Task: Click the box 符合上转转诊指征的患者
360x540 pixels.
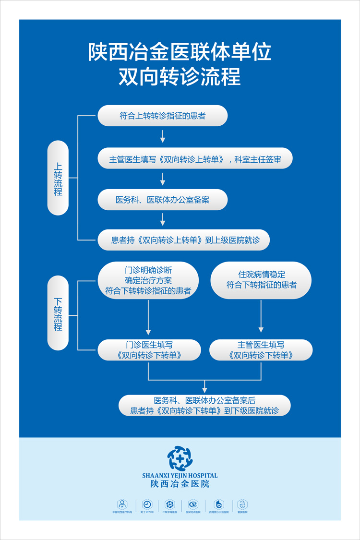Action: tap(162, 116)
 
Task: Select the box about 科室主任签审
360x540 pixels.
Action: tap(195, 158)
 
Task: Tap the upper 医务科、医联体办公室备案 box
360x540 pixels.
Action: tap(162, 200)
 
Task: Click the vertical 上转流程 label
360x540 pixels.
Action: tap(58, 178)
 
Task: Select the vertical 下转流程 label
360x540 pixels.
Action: tap(58, 313)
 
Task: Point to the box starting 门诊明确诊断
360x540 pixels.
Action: tap(148, 280)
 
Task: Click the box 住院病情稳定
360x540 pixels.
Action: tap(261, 280)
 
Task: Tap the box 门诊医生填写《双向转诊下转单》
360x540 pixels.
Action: tap(149, 350)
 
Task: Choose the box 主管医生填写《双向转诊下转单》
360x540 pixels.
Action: tap(261, 350)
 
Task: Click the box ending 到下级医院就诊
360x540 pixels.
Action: tap(204, 406)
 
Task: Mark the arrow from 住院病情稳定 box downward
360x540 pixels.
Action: tap(261, 317)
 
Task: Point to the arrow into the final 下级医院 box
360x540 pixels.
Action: tap(205, 386)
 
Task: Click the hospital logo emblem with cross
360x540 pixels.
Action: tap(180, 458)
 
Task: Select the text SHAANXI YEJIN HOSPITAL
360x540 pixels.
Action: tap(180, 476)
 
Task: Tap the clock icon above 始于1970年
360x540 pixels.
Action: tap(147, 504)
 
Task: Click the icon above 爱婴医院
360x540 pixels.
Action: tap(242, 504)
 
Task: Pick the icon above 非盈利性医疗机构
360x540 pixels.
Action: tap(122, 504)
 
